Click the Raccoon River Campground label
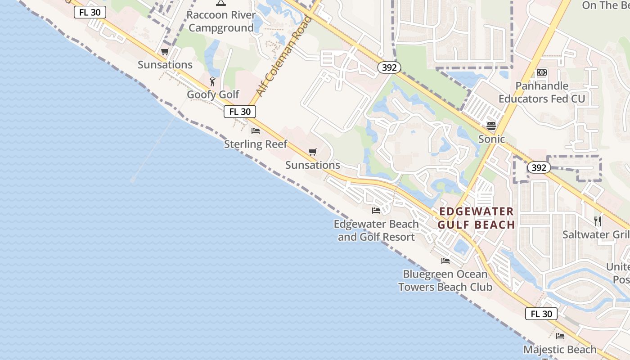click(221, 21)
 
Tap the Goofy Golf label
click(213, 95)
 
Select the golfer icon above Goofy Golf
click(213, 81)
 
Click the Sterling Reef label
click(256, 144)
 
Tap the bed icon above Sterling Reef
click(256, 131)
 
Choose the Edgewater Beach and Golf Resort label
click(376, 230)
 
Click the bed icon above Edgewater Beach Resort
click(376, 210)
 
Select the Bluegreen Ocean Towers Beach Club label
click(445, 280)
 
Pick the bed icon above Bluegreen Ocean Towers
click(445, 261)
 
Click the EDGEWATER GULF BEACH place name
click(477, 218)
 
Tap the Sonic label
click(491, 139)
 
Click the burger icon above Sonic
click(491, 126)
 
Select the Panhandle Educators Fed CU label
click(542, 92)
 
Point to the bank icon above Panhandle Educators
click(542, 72)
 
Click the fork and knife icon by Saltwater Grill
click(598, 221)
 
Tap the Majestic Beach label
click(560, 349)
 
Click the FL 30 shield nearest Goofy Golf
click(240, 112)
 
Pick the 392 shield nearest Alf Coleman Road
click(389, 67)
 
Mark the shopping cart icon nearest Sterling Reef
click(313, 152)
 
